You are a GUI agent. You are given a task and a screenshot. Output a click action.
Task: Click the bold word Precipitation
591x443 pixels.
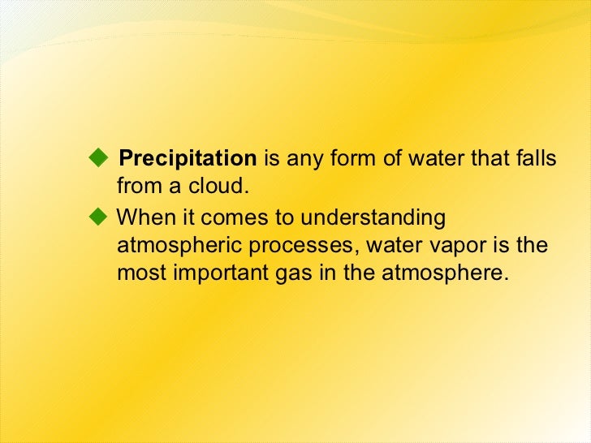187,157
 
